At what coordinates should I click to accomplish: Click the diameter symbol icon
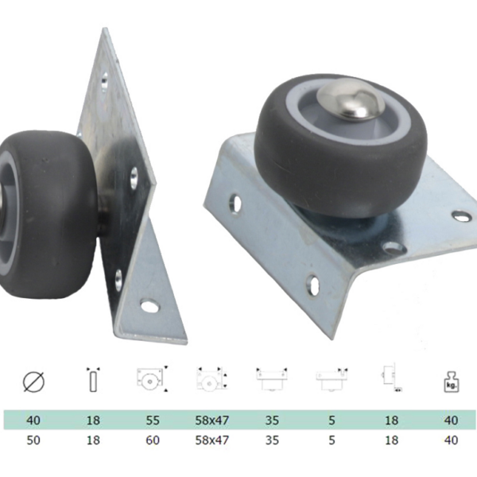pos(33,382)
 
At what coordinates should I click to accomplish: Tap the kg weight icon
pos(451,382)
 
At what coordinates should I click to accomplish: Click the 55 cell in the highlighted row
pos(153,420)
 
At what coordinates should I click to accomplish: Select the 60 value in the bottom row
pos(153,440)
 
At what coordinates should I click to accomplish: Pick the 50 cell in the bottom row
pos(33,440)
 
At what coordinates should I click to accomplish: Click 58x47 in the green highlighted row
pos(211,420)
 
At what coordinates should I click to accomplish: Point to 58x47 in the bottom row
pos(211,440)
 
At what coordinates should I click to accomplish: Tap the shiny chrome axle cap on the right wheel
pos(349,99)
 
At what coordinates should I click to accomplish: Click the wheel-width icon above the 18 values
pos(93,379)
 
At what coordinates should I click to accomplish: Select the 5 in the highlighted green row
pos(332,420)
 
